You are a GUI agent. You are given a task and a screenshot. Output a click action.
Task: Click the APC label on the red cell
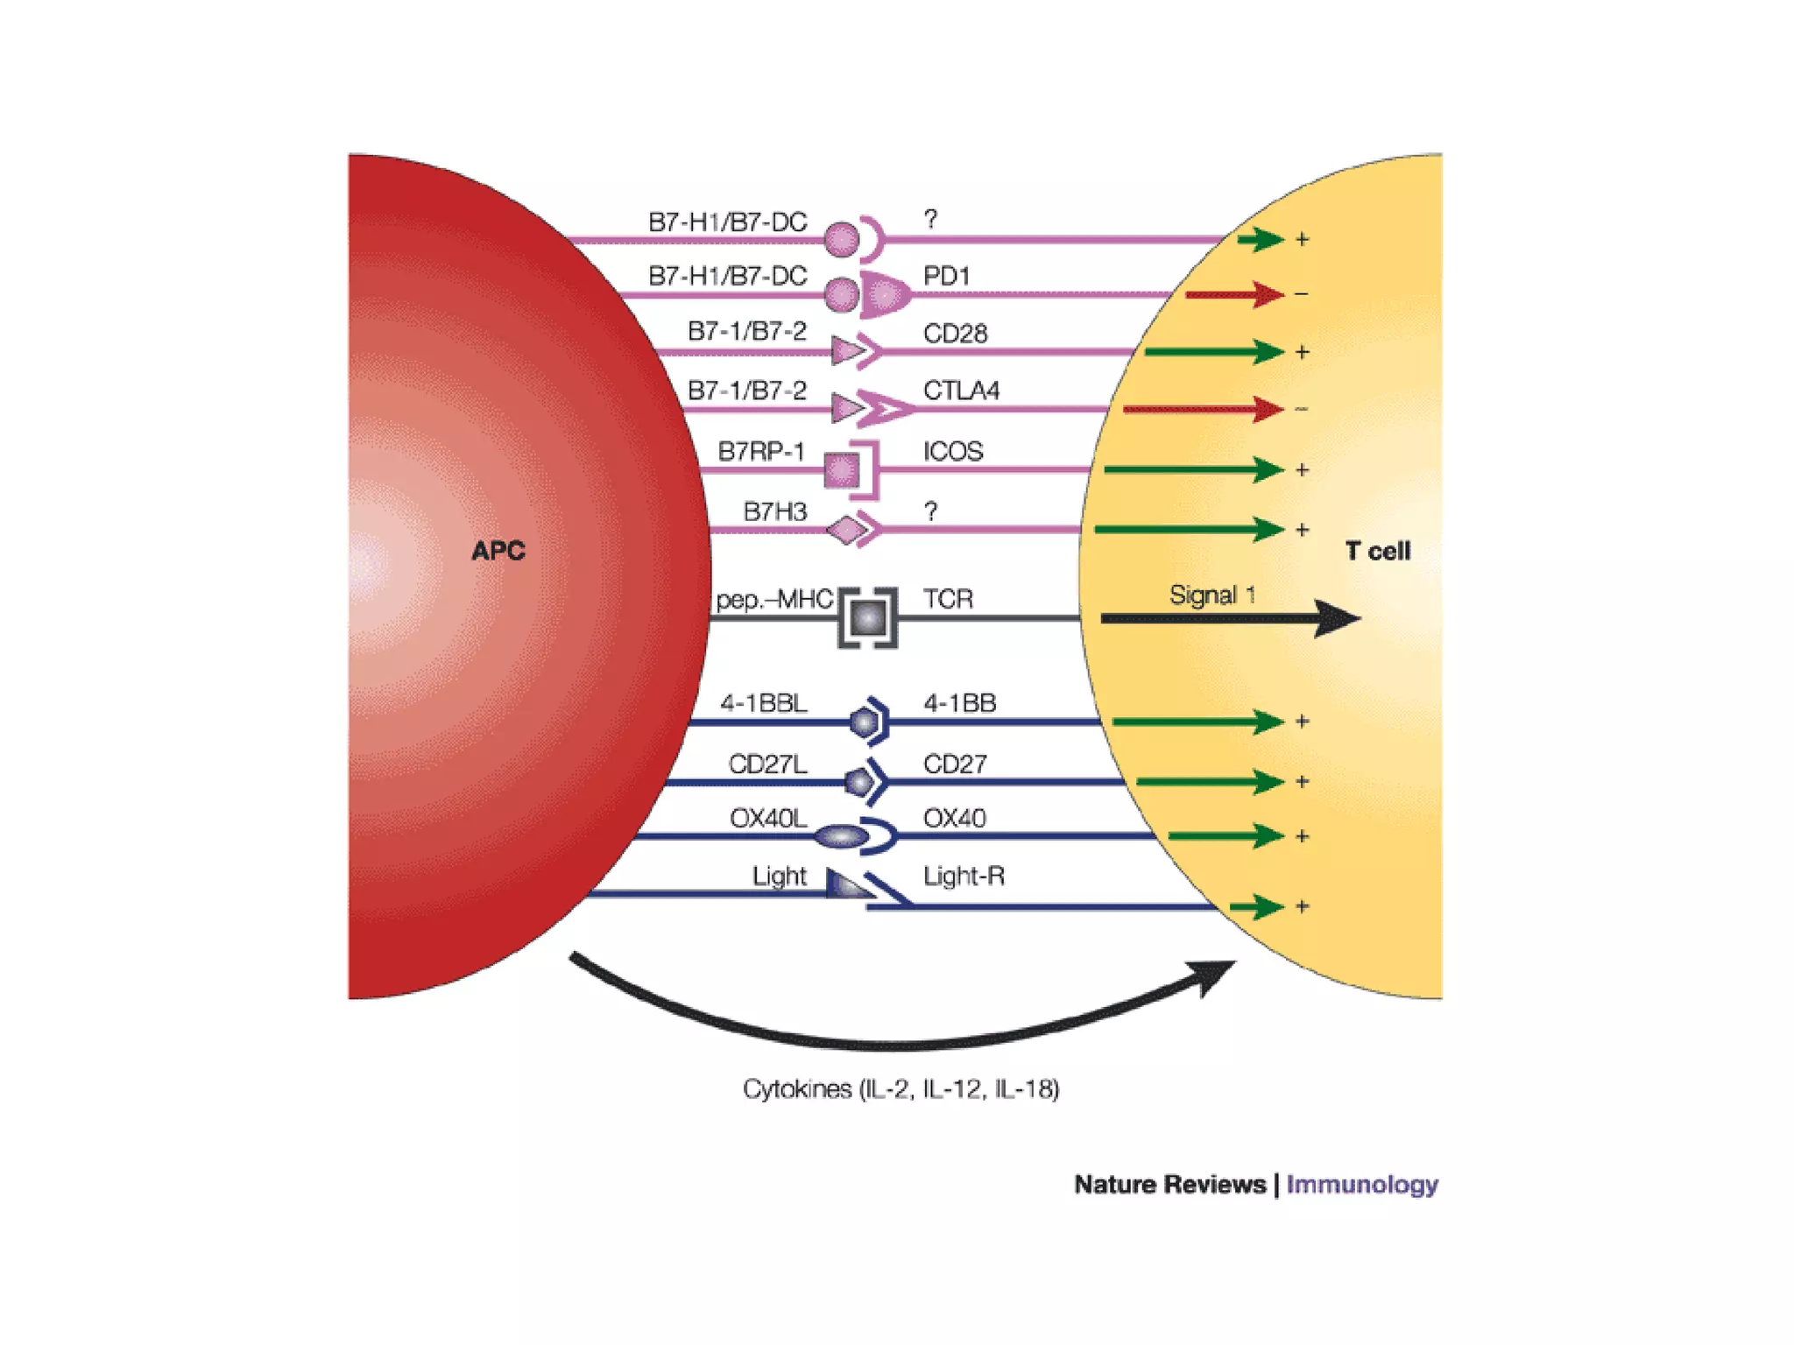click(498, 551)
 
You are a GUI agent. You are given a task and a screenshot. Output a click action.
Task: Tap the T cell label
click(1377, 551)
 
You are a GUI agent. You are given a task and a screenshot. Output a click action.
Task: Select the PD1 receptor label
click(946, 277)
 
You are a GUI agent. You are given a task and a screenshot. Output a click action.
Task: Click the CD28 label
click(955, 334)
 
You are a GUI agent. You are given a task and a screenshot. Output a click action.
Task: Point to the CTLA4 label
click(961, 391)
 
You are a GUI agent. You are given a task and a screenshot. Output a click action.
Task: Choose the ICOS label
click(953, 452)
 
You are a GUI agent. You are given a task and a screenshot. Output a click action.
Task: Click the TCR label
click(948, 599)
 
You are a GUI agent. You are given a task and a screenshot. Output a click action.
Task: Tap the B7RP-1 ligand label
click(760, 452)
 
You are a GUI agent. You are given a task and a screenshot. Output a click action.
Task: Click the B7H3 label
click(774, 511)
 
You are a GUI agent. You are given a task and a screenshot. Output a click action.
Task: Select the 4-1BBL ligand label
click(764, 703)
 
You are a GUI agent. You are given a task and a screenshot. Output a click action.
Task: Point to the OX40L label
click(768, 818)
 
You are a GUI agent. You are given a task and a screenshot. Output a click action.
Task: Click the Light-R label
click(964, 876)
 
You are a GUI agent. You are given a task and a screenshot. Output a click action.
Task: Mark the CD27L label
click(767, 764)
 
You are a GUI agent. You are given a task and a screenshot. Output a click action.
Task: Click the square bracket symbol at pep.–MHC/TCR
click(867, 618)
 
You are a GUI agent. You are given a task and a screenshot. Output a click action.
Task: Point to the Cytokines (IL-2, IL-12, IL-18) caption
click(901, 1089)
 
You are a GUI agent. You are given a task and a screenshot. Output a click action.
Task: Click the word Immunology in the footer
click(1361, 1185)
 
